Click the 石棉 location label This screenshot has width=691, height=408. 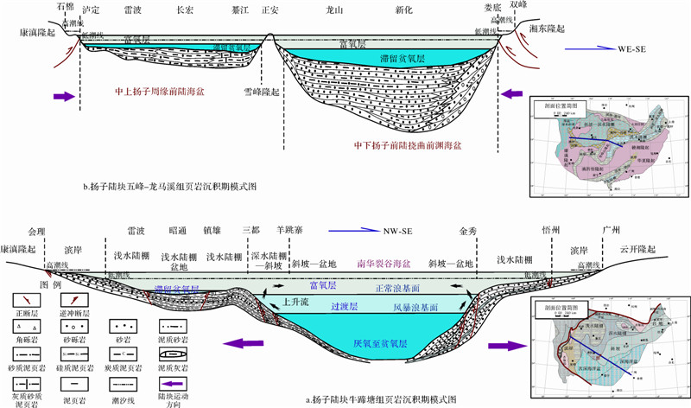[65, 6]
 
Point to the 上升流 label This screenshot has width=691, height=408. [297, 303]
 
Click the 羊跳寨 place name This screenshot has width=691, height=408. [290, 232]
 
